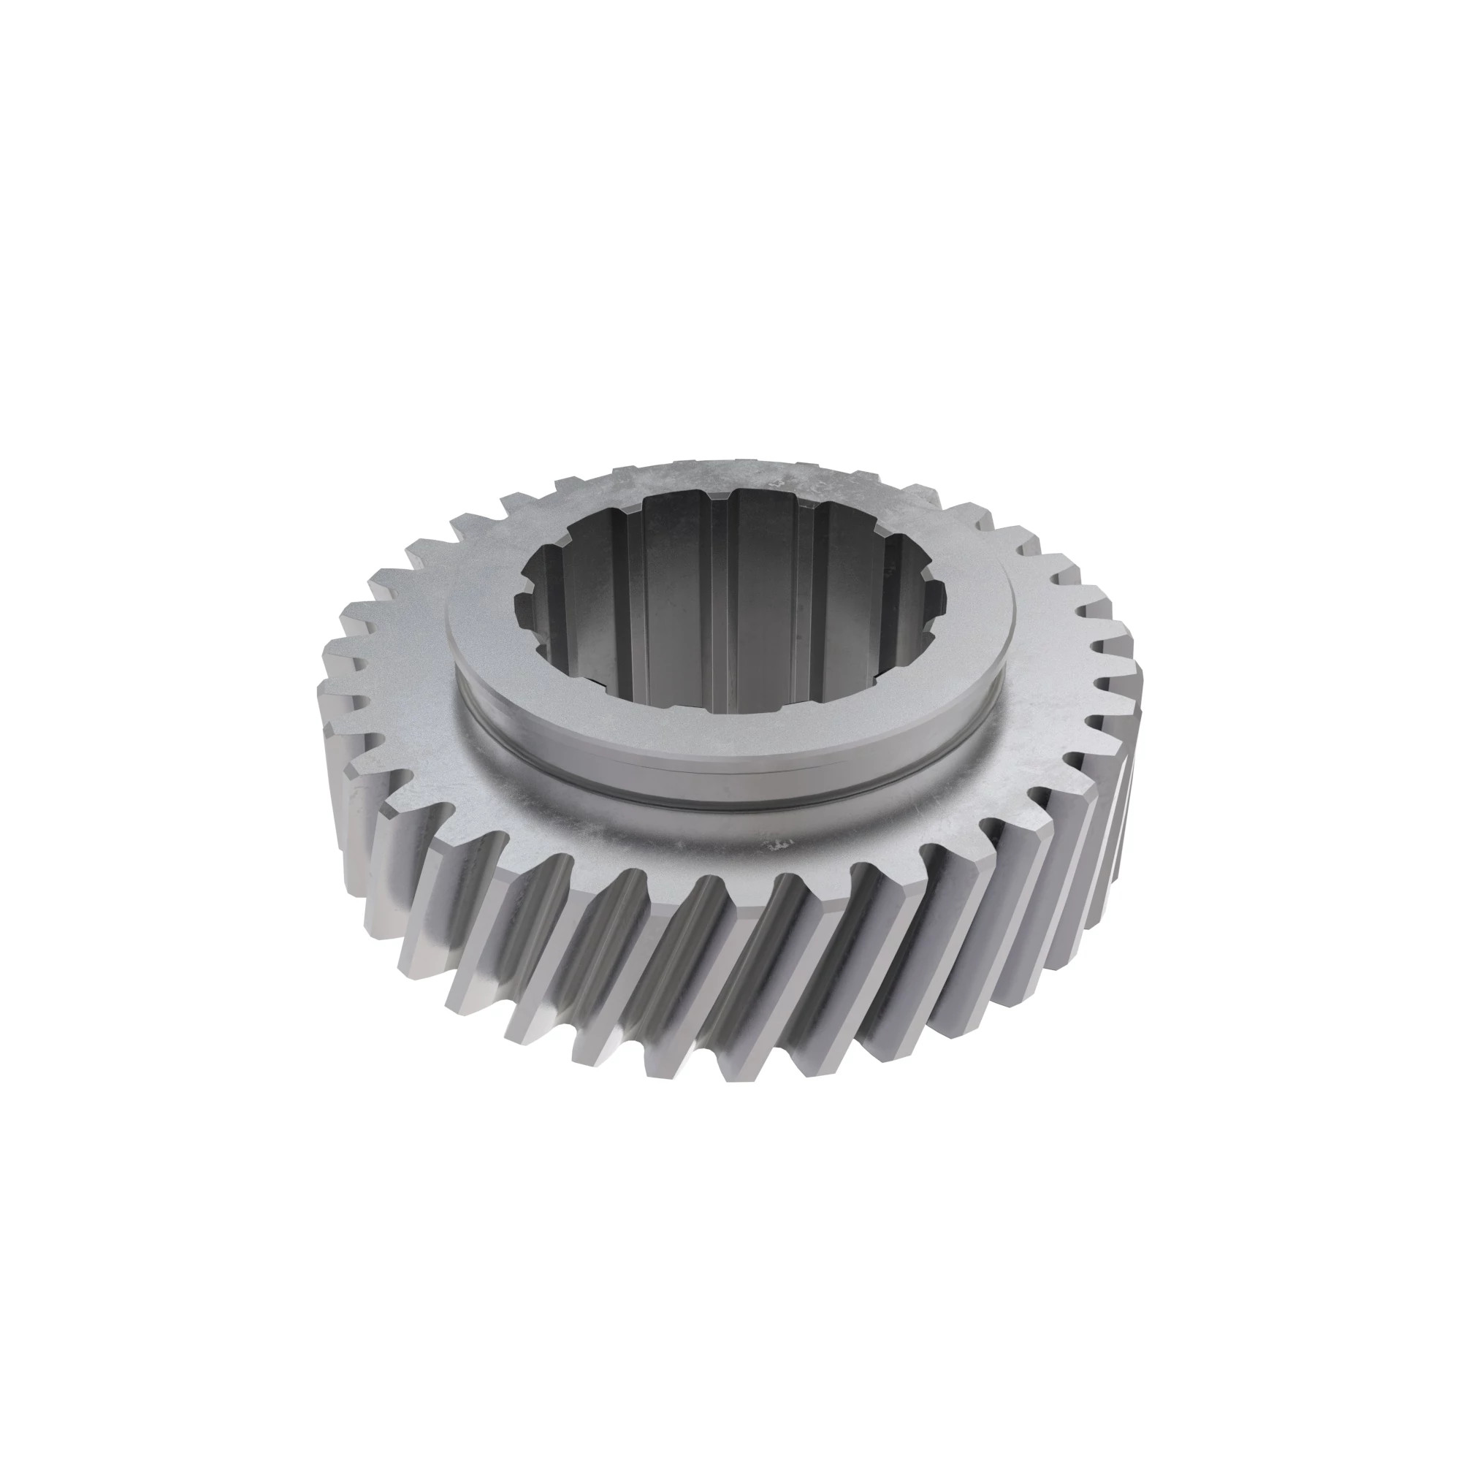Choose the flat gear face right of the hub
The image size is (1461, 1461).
(1051, 681)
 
